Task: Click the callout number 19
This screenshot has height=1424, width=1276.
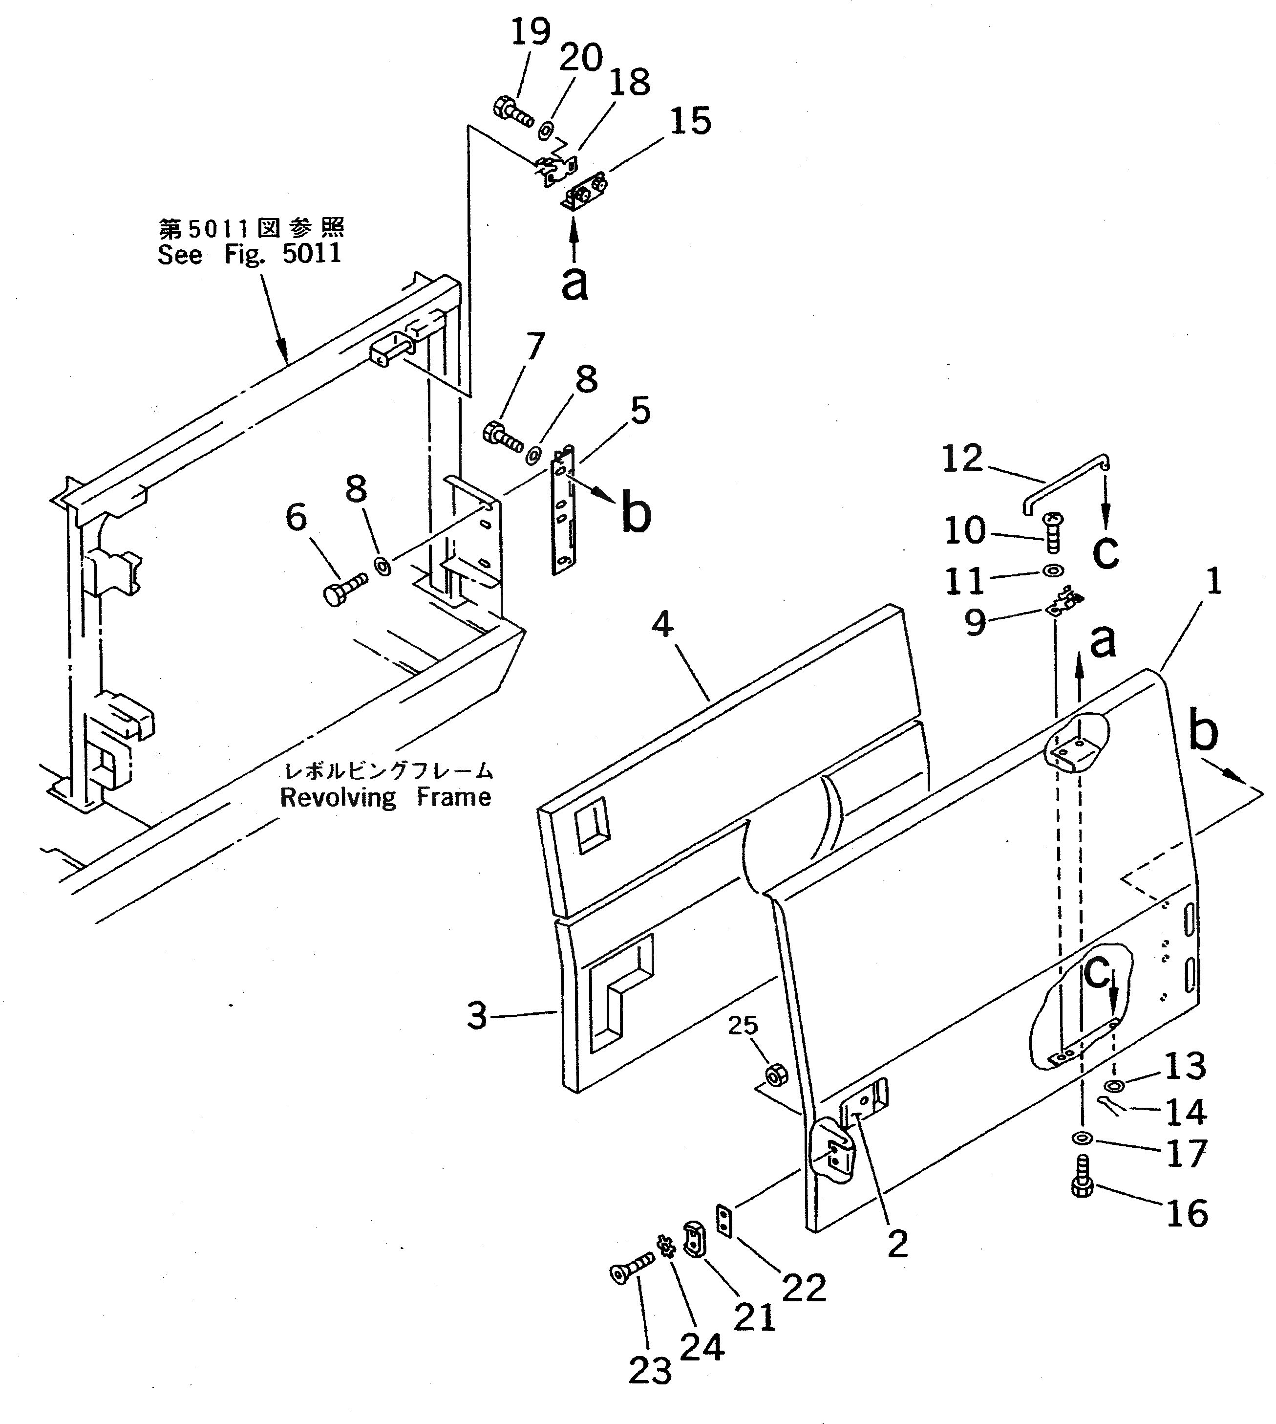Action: (530, 32)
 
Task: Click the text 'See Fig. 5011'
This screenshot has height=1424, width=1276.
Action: (250, 254)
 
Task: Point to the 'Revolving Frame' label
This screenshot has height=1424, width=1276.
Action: (385, 798)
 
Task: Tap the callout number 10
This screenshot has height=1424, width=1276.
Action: (965, 531)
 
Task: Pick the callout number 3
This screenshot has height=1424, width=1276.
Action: (477, 1015)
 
